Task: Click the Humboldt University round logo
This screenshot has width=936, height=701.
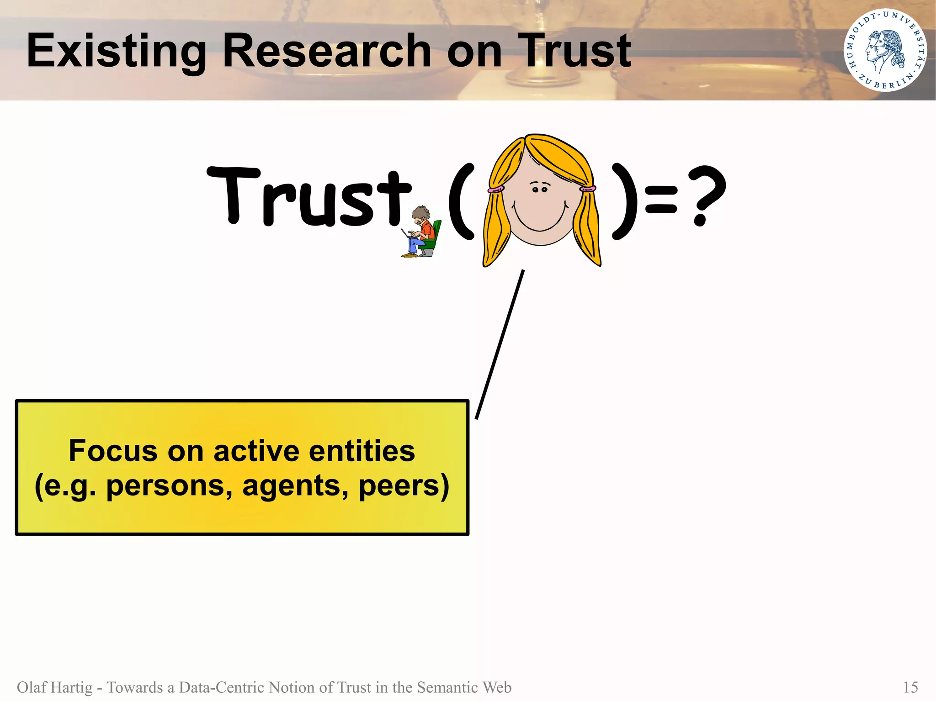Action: (x=885, y=50)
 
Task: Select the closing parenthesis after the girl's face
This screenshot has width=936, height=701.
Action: (x=625, y=201)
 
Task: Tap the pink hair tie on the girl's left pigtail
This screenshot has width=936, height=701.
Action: (x=495, y=189)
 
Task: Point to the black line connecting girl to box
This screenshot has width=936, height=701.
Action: (x=500, y=345)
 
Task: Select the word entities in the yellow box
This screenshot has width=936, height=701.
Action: (x=362, y=451)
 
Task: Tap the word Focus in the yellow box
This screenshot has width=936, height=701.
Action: (x=113, y=451)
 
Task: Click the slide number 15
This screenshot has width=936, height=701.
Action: (x=910, y=687)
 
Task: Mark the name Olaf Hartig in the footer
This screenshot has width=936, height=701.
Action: (x=54, y=687)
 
